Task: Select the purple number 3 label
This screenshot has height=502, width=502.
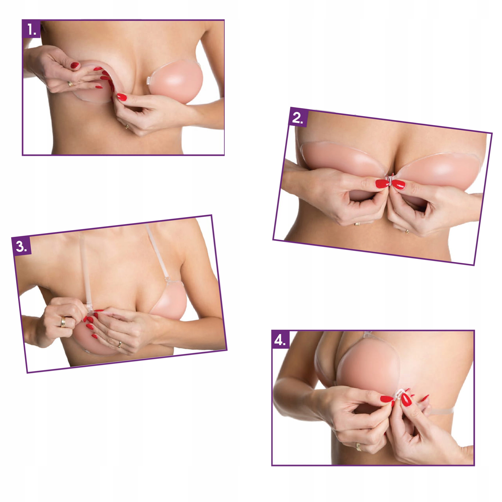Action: click(x=21, y=246)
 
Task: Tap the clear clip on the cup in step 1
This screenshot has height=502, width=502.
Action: click(x=148, y=80)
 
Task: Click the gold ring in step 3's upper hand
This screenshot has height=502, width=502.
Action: click(x=63, y=322)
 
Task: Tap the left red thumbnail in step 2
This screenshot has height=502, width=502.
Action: click(x=382, y=184)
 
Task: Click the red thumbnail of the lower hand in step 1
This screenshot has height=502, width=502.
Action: click(x=122, y=97)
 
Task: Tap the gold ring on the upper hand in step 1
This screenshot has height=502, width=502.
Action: click(x=70, y=84)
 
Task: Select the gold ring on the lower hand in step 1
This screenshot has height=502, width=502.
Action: click(x=127, y=127)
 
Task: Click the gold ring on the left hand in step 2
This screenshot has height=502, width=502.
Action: click(x=357, y=224)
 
